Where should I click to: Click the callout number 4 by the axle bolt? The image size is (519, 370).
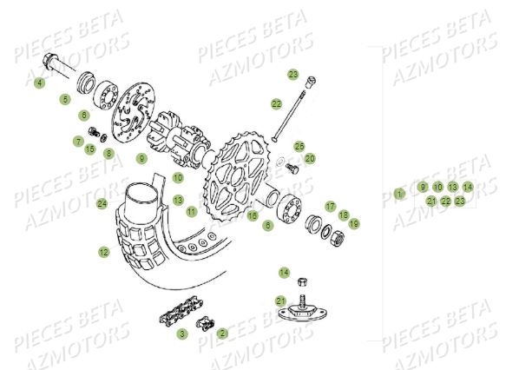coord(39,83)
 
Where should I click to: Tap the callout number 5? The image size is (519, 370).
coord(64,100)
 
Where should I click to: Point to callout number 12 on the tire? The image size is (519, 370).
coord(103,252)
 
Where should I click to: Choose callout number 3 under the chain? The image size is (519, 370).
coord(182,334)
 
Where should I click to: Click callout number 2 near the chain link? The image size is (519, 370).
coord(222,334)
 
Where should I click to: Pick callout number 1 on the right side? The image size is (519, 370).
coord(399,194)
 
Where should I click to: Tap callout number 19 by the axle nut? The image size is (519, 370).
coord(354,224)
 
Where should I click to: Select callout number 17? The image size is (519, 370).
coord(331,206)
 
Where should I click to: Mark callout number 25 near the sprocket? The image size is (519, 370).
coord(299,147)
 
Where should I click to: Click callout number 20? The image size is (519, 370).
coord(310,159)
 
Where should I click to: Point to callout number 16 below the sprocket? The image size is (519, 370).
coord(253,215)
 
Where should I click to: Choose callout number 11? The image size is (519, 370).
coord(192,211)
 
